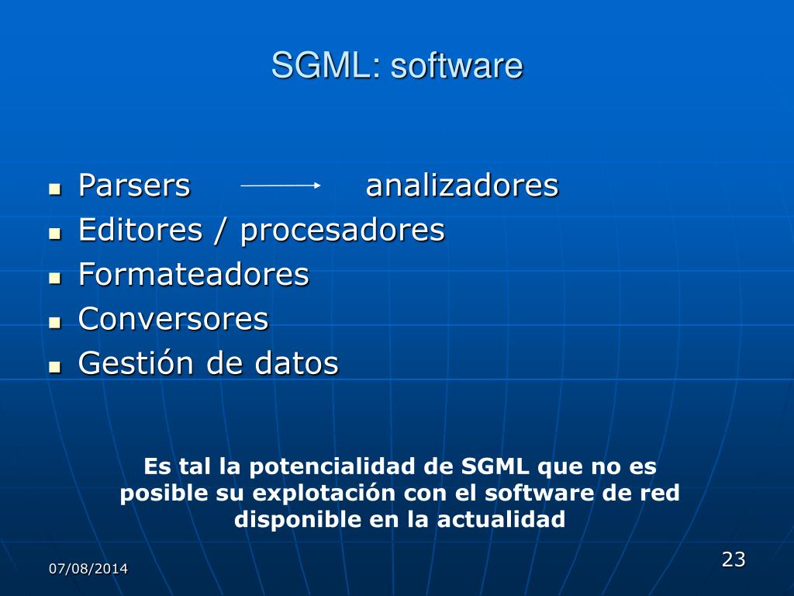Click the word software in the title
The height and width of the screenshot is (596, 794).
[457, 66]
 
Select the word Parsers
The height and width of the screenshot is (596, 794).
[134, 186]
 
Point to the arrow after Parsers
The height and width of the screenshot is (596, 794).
[280, 185]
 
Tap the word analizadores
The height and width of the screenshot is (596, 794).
[461, 186]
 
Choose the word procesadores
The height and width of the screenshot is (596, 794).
[342, 230]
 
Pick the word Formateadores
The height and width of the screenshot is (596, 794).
[193, 275]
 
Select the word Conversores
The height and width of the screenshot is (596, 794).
[173, 319]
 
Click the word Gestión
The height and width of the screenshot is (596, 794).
[137, 363]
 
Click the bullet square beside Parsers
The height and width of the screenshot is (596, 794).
[54, 189]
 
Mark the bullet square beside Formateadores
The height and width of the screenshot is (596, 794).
[54, 277]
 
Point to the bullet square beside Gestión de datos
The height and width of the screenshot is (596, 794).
[54, 366]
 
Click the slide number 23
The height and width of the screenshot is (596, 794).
[733, 559]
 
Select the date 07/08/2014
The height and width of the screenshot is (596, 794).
[88, 569]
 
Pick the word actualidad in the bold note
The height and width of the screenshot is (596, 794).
[501, 520]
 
